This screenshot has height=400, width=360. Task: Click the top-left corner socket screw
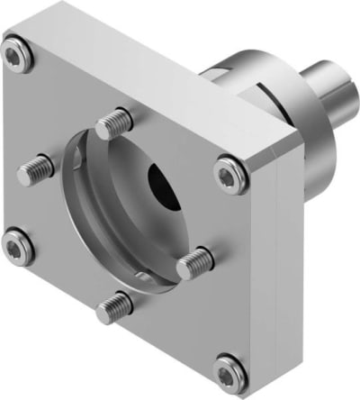pos(17,57)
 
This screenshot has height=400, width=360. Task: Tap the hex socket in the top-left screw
pos(17,57)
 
